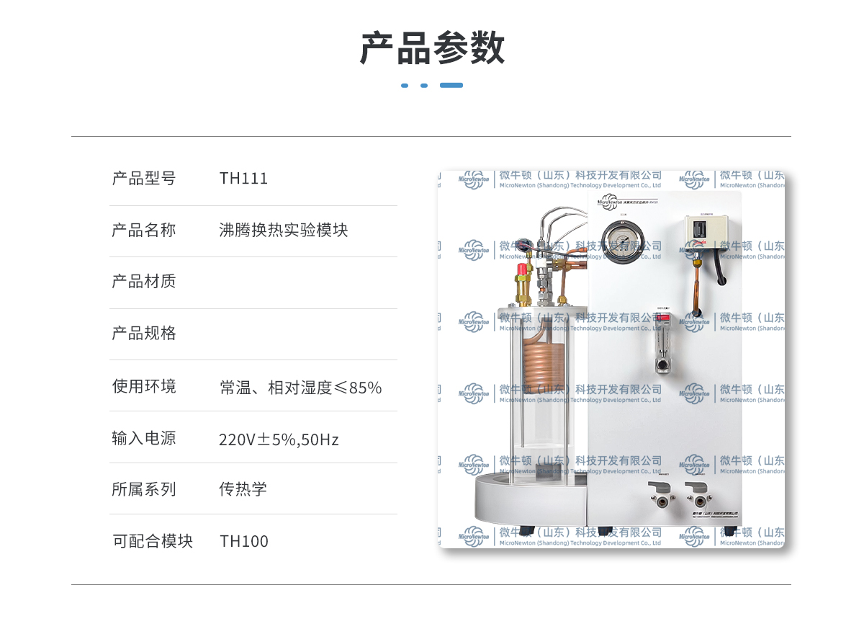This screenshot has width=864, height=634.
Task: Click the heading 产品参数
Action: coord(432,48)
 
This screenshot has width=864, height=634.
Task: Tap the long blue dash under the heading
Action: coord(451,85)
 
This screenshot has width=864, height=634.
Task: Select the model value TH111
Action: coord(243,179)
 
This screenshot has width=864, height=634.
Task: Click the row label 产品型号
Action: coord(144,179)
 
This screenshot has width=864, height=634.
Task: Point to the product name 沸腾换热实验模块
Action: coord(284,230)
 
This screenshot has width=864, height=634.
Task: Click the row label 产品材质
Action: coord(144,282)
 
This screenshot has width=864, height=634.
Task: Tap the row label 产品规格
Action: coord(144,334)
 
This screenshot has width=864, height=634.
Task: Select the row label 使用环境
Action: coord(144,386)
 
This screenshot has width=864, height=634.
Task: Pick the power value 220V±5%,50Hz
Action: coord(279,439)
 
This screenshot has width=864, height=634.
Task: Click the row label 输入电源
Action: coord(144,438)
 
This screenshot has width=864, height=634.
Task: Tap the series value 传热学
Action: coord(243,489)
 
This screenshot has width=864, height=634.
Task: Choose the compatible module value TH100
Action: coord(244,542)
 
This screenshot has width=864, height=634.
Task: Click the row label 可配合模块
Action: coord(153,541)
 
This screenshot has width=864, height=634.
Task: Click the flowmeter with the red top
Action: coord(663,342)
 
